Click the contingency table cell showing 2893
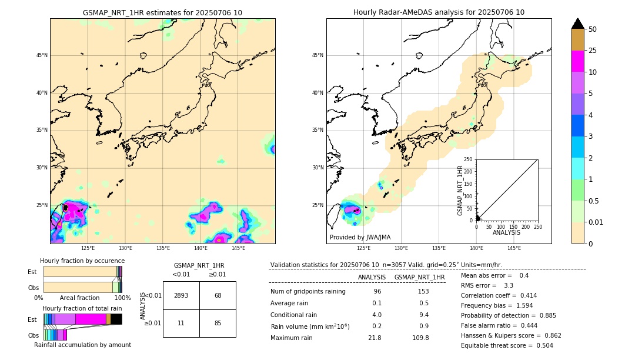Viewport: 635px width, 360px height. pos(181,295)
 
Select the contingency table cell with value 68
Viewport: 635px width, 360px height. pos(218,295)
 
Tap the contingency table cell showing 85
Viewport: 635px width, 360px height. pos(218,323)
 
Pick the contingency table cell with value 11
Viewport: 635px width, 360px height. pos(181,323)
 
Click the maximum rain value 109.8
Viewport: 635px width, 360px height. pos(419,338)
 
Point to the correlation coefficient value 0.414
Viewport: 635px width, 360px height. pos(524,296)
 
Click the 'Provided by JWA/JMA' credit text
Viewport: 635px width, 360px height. pos(360,238)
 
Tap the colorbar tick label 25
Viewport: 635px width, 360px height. pos(593,51)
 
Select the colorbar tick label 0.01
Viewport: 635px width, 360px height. pos(596,222)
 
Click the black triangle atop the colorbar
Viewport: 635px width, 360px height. pos(578,24)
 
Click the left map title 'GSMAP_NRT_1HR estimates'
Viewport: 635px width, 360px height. pos(162,12)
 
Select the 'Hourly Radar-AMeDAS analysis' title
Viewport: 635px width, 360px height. pos(439,12)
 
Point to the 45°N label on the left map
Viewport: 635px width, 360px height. pos(42,56)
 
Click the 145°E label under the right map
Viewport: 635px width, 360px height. pos(514,248)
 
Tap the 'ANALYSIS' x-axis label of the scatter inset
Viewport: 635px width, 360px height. pos(506,233)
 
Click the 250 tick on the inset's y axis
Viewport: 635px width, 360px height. pos(469,159)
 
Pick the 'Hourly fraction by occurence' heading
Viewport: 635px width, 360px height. pos(82,261)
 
